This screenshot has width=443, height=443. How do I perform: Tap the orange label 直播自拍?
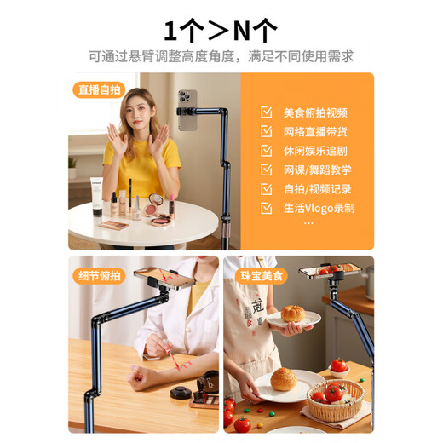click(x=99, y=90)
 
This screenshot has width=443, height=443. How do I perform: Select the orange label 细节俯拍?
click(x=99, y=275)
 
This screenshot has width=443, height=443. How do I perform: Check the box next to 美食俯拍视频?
click(x=267, y=112)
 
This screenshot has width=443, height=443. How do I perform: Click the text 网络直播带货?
click(x=315, y=131)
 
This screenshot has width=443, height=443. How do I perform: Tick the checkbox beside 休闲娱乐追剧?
click(x=267, y=151)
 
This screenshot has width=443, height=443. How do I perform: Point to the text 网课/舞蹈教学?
click(x=317, y=170)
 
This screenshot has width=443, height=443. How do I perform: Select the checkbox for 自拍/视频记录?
click(x=267, y=189)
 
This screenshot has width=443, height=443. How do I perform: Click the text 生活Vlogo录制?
click(x=319, y=208)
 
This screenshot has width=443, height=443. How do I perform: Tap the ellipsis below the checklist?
click(x=308, y=223)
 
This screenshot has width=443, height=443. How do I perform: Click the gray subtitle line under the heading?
click(x=221, y=57)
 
